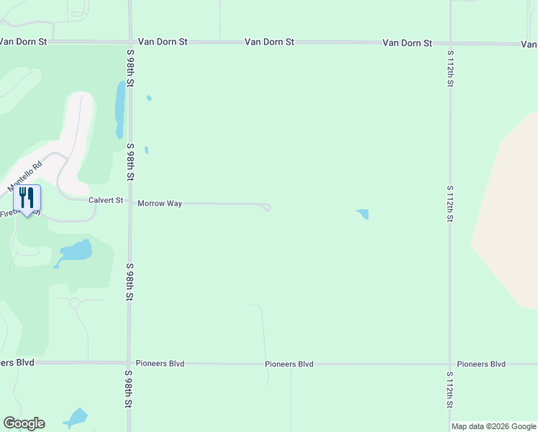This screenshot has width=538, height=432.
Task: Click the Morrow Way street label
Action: coord(160,204)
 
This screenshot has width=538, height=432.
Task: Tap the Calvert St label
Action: coord(106,200)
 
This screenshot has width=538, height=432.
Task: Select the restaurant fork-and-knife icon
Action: coord(27,198)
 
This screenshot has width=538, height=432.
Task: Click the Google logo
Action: coord(24,423)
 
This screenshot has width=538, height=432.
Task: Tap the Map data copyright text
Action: coord(493,426)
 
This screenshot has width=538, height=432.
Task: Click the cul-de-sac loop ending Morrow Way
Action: coord(266,207)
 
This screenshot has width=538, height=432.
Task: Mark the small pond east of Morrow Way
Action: coord(363,214)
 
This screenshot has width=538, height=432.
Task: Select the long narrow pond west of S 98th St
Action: coord(120,110)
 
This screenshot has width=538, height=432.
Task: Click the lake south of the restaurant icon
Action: coord(77,251)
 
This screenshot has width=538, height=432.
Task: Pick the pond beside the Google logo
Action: coord(76,418)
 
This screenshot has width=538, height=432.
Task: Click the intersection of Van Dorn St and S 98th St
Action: coord(130,42)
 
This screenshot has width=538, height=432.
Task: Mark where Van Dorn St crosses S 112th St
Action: coord(450,43)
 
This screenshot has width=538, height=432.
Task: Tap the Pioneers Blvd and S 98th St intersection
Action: coord(129,363)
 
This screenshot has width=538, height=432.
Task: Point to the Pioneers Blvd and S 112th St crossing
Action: coord(450,364)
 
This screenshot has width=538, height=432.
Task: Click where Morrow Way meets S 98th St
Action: coord(130,203)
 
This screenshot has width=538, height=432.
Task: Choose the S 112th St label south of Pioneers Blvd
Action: coord(450,390)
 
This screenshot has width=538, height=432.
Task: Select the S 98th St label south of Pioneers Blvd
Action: coord(130,390)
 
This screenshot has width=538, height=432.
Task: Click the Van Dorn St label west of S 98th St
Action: coord(23,42)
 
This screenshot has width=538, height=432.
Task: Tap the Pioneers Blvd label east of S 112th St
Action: coord(481,364)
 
